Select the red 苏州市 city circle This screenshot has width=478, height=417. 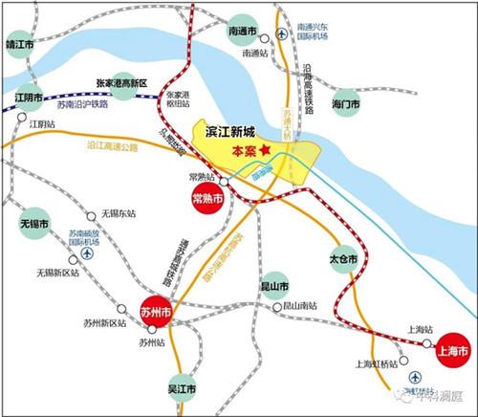[x=155, y=312]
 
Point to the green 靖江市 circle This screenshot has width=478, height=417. [x=19, y=44]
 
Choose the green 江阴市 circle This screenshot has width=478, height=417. [x=29, y=98]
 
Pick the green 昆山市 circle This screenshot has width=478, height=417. [x=275, y=285]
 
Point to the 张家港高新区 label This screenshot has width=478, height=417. [x=120, y=84]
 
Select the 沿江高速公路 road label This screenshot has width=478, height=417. [x=112, y=146]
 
